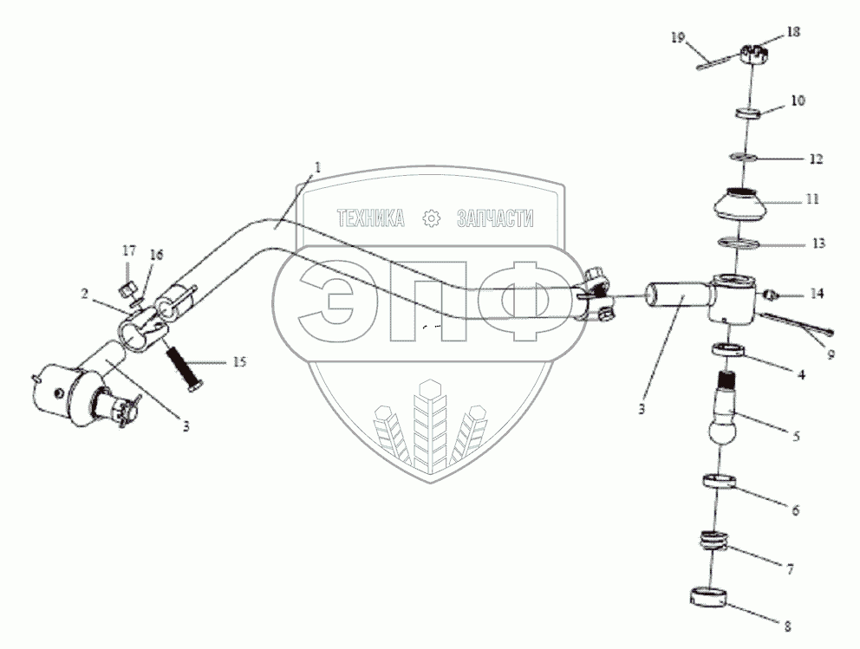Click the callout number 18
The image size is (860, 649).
pos(793,31)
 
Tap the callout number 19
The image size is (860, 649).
pos(678,36)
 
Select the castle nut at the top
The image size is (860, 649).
pos(752,55)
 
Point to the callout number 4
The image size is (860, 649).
pos(802,375)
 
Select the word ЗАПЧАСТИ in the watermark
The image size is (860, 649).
pos(495,220)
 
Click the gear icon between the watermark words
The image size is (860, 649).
pos(430,220)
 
